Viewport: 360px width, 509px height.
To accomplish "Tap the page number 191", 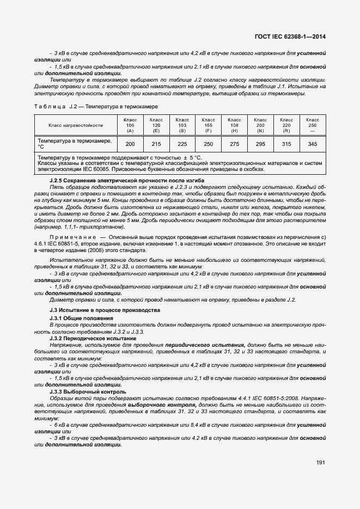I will pos(320,462).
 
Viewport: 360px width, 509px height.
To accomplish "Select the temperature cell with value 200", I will pos(130,144).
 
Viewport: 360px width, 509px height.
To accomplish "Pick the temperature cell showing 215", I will pos(156,144).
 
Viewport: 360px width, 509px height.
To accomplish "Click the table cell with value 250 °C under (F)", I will pos(209,144).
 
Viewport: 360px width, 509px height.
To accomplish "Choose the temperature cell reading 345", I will pos(312,144).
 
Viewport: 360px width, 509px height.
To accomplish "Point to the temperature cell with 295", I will pos(260,144).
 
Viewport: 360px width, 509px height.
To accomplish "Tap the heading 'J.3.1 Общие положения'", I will pos(81,317).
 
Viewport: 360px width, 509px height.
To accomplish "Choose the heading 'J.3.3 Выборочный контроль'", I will pos(88,391).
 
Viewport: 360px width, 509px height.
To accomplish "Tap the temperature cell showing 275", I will pos(235,144).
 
